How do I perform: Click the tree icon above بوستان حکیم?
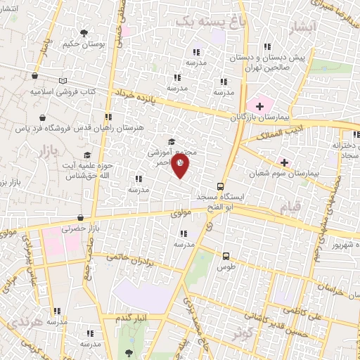(x=84, y=33)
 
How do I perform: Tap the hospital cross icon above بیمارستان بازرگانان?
(x=260, y=106)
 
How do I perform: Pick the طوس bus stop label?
(x=226, y=267)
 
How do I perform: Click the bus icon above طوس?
(x=226, y=257)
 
